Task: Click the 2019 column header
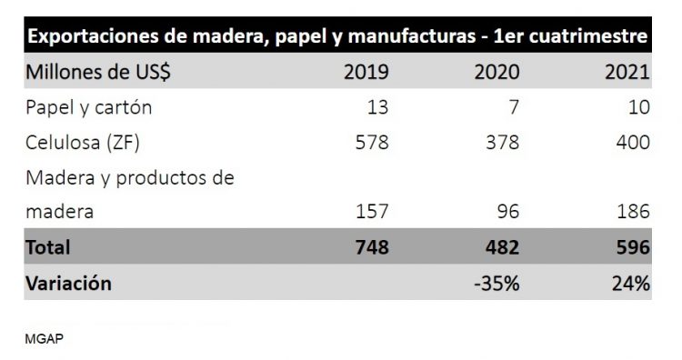pyautogui.click(x=366, y=73)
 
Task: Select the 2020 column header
pyautogui.click(x=496, y=73)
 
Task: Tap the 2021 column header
pyautogui.click(x=627, y=73)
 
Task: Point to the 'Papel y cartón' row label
pyautogui.click(x=89, y=107)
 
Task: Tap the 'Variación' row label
pyautogui.click(x=69, y=283)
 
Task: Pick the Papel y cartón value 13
pyautogui.click(x=376, y=107)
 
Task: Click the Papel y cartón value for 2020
pyautogui.click(x=512, y=107)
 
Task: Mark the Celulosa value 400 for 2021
pyautogui.click(x=632, y=142)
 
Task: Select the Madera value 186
pyautogui.click(x=632, y=213)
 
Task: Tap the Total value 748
pyautogui.click(x=369, y=247)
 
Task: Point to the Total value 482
pyautogui.click(x=500, y=247)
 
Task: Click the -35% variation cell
pyautogui.click(x=496, y=283)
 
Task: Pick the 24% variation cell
pyautogui.click(x=629, y=283)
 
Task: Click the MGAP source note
pyautogui.click(x=44, y=338)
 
